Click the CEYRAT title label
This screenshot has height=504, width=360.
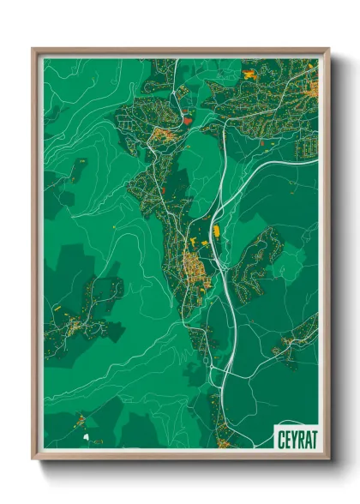296,437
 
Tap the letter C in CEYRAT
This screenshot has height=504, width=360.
281,437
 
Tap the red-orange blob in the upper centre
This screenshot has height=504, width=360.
187,122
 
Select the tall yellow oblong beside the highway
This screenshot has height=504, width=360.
216,230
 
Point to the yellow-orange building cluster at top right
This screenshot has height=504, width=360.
249,75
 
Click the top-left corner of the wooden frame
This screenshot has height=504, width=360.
33,50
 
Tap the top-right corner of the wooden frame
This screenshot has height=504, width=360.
327,50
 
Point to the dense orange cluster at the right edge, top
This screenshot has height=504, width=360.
313,87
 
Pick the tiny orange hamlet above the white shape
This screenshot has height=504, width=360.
81,419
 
